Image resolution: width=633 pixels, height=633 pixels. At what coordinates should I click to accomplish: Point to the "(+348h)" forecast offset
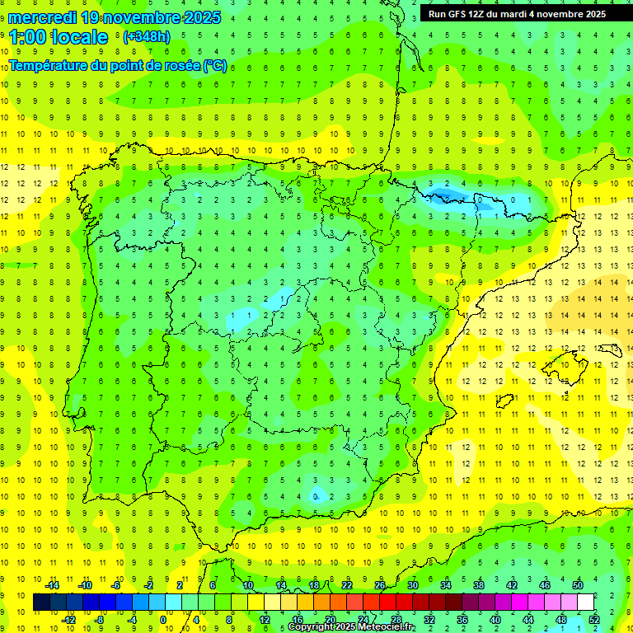146,37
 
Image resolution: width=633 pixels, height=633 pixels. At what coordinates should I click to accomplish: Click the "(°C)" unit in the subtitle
215,66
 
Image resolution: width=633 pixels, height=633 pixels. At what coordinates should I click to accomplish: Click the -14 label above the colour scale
52,584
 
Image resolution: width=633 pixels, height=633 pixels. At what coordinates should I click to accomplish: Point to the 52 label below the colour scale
594,620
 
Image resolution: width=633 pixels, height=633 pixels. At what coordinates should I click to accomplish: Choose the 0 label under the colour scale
164,620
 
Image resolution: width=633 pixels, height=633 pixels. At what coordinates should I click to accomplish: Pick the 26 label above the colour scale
380,584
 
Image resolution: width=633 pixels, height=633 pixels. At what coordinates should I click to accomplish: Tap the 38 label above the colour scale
479,584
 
